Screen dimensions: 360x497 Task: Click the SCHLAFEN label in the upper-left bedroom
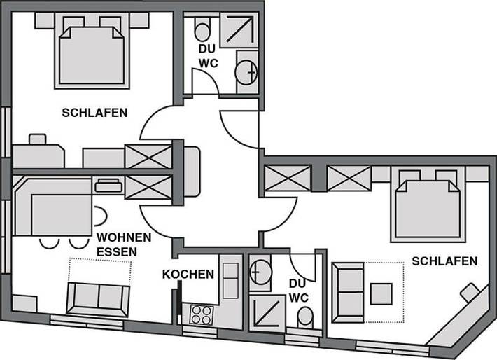(94, 113)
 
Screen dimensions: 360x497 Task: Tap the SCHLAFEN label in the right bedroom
(444, 261)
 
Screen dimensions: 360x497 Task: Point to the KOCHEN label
(188, 274)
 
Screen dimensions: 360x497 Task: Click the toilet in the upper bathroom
(202, 32)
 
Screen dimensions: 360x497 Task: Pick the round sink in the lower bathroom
(260, 270)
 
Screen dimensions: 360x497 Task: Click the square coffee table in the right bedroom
(381, 292)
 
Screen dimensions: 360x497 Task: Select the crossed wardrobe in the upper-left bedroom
(148, 156)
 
